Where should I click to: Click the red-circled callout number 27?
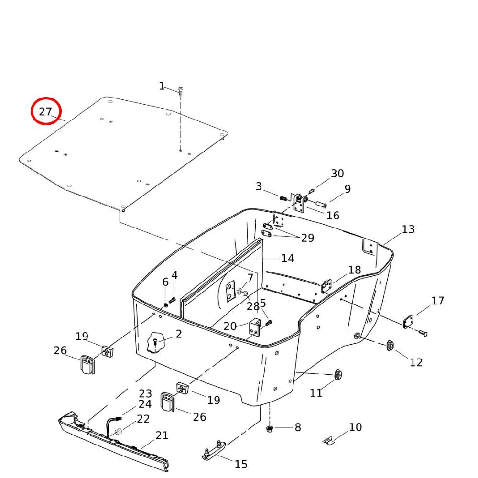pos(46,112)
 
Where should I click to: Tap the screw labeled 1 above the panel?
pos(181,90)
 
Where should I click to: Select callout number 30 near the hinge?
pos(337,174)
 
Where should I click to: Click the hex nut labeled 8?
pos(269,427)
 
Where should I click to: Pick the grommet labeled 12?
pos(390,345)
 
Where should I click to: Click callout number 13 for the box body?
pos(408,229)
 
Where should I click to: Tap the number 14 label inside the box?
pos(287,259)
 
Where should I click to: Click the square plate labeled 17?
pos(408,322)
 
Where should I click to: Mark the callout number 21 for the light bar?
pos(162,435)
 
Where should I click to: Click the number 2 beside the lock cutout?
pos(178,334)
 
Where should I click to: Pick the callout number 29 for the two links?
pos(307,238)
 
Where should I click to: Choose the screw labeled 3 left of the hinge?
pos(283,197)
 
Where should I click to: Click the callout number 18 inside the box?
pos(354,270)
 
